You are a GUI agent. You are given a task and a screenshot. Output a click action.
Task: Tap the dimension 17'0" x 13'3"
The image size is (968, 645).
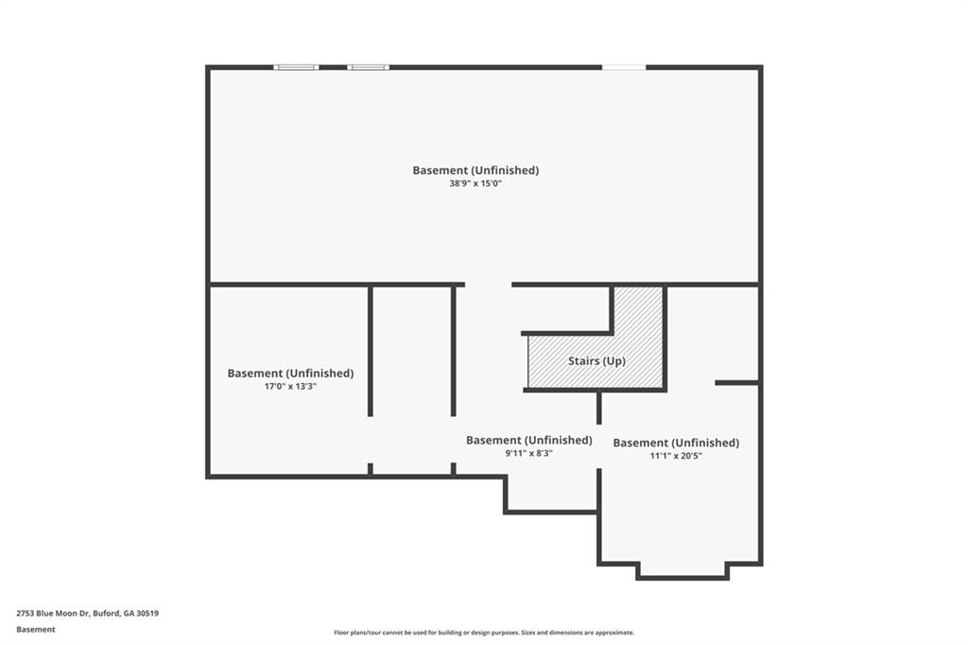290,386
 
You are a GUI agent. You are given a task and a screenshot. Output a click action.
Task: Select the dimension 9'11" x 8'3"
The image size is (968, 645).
528,453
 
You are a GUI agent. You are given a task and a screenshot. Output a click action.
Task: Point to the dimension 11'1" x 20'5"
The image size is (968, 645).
676,455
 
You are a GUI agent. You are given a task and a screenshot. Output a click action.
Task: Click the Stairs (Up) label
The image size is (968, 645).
596,361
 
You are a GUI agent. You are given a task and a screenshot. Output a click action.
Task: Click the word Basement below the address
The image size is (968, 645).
36,629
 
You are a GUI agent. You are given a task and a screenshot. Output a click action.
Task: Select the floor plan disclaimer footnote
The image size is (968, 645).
483,633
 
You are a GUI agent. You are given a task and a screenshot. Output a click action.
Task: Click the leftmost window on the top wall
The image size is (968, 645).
296,67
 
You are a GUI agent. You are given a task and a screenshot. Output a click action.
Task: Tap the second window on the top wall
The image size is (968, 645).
368,67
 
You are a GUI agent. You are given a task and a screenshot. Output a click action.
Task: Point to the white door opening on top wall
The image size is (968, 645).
624,67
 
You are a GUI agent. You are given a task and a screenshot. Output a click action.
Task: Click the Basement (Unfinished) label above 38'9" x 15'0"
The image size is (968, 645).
475,170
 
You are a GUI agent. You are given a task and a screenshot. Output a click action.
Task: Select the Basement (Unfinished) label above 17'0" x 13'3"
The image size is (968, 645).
290,374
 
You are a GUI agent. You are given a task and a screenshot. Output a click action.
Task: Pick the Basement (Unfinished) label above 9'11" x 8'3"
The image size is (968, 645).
528,440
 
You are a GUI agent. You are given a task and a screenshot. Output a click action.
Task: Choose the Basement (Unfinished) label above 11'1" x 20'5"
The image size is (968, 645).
676,443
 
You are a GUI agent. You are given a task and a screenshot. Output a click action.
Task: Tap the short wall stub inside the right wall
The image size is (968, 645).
736,382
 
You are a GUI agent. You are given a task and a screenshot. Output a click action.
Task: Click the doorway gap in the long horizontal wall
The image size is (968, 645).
488,284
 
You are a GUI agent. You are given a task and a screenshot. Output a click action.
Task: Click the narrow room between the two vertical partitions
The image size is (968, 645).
412,378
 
